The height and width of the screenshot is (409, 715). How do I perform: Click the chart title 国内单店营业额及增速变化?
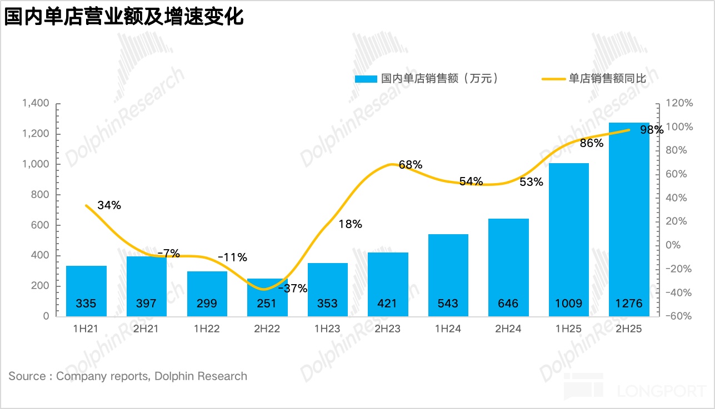coord(124,17)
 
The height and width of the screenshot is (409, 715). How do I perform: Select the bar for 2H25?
coord(629,222)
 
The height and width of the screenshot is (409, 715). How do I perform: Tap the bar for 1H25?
coord(568,239)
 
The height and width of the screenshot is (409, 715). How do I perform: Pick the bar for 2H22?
coord(267,297)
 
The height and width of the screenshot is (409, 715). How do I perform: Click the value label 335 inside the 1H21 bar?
coord(86,304)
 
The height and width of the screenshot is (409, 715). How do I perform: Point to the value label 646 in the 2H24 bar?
coord(508,304)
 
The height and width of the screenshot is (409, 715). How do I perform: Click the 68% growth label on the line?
coord(411,165)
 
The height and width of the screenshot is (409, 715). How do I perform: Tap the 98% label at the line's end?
coord(651,130)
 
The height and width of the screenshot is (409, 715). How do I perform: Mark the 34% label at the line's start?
coord(109,205)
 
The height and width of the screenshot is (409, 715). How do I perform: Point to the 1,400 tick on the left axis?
coord(36,103)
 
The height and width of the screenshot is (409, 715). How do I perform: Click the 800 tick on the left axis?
coord(41,195)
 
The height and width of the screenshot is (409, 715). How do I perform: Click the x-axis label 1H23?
coord(327,329)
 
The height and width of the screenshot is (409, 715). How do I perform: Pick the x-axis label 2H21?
coord(146,329)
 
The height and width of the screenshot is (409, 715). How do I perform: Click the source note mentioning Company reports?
coord(128,376)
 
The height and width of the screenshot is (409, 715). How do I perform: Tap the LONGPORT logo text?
coord(662,391)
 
